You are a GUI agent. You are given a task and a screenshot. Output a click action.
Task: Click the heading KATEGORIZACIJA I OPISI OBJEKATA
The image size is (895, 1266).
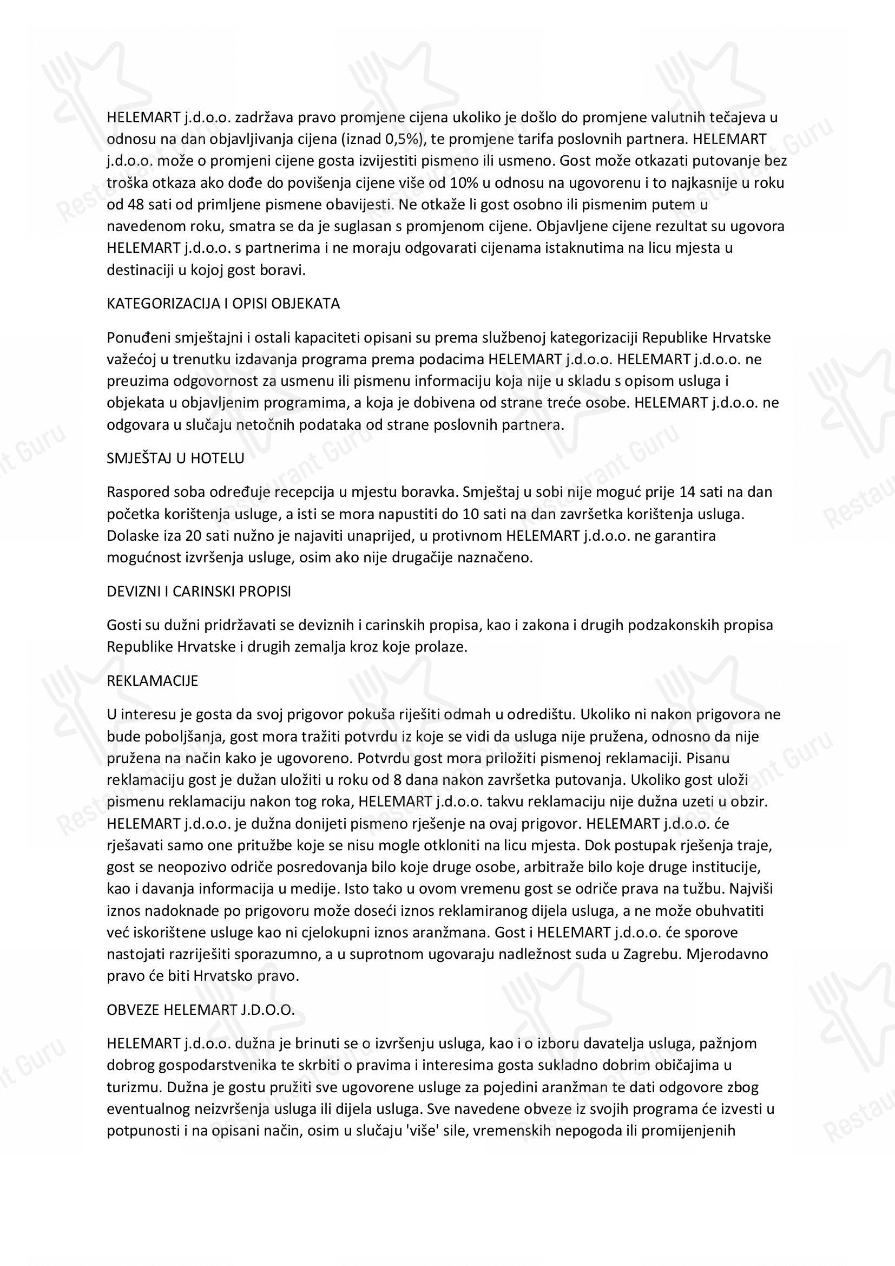click(223, 304)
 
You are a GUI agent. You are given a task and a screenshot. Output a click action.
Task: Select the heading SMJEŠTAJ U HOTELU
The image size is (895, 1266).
click(175, 458)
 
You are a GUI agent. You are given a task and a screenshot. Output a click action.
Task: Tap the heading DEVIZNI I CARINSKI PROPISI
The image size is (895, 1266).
click(199, 592)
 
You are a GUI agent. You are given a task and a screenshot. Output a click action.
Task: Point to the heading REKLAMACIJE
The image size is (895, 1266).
click(152, 681)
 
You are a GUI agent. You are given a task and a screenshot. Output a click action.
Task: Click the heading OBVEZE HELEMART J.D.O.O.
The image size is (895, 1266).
click(201, 1009)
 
